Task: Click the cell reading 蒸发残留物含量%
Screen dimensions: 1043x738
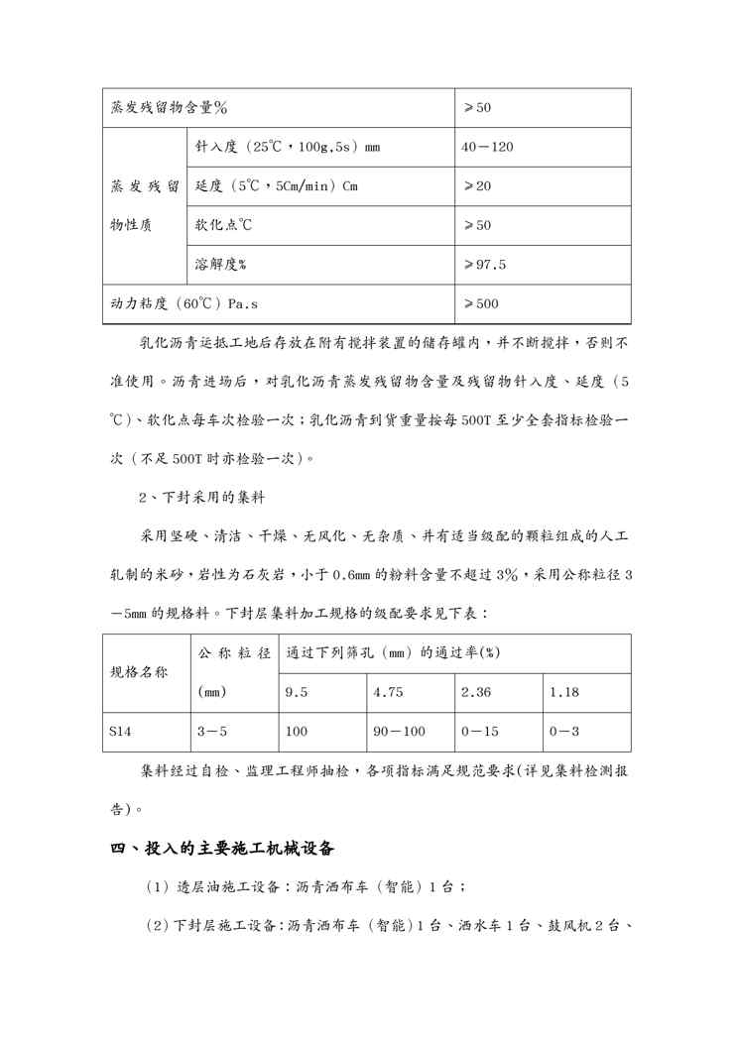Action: click(169, 107)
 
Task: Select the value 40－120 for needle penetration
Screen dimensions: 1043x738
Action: click(487, 147)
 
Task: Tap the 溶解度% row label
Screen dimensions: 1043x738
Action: click(221, 265)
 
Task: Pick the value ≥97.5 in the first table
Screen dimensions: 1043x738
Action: click(484, 265)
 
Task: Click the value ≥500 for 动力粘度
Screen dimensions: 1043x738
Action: click(481, 303)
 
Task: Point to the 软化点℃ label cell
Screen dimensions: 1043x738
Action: click(224, 225)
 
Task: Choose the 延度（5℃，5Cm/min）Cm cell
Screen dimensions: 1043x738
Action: click(277, 186)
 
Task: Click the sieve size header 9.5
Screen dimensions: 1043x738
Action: click(296, 692)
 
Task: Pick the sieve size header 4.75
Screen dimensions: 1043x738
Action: click(388, 692)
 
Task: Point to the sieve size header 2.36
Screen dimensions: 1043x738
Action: click(476, 692)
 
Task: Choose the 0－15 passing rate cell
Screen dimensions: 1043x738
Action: click(481, 732)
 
